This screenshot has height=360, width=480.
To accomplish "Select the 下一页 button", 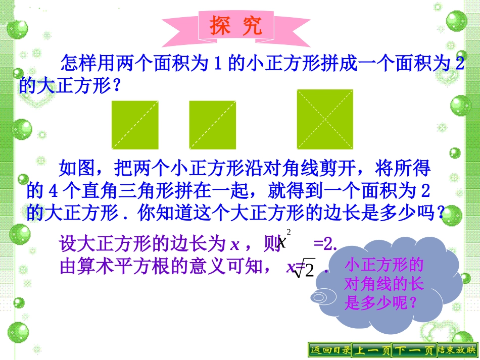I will (x=414, y=350).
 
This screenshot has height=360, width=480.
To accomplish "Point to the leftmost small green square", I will (x=135, y=125).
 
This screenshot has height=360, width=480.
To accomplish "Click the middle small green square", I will (x=213, y=125).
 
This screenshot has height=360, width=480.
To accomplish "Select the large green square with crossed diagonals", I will (x=325, y=119).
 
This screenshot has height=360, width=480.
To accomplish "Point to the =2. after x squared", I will (x=325, y=244).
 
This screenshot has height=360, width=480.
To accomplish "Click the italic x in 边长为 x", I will (x=234, y=245).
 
